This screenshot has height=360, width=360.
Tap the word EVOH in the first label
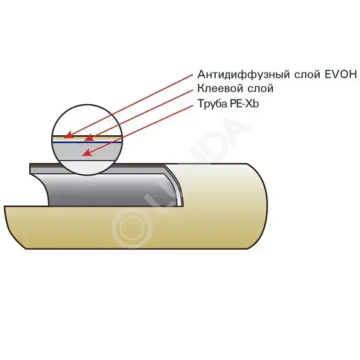click(341, 74)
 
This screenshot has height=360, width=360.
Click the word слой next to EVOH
click(307, 74)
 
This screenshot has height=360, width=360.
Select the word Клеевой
click(220, 88)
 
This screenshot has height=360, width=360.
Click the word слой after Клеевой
click(260, 89)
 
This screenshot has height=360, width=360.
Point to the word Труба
click(212, 104)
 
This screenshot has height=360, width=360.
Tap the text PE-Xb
click(244, 104)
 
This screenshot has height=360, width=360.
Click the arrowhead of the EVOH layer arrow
click(69, 135)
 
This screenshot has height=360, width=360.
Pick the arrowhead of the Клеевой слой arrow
click(89, 138)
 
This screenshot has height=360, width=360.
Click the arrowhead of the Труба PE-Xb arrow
click(87, 153)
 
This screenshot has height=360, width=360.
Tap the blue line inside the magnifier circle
click(86, 143)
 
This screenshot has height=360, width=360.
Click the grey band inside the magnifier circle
click(87, 152)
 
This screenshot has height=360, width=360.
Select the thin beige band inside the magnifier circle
click(87, 139)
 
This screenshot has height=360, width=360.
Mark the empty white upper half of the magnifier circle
click(86, 121)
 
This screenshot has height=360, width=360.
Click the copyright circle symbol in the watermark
click(132, 228)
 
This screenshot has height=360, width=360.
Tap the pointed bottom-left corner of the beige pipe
click(25, 249)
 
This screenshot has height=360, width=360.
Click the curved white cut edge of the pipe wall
click(175, 186)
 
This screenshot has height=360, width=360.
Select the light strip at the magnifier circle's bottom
click(86, 167)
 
